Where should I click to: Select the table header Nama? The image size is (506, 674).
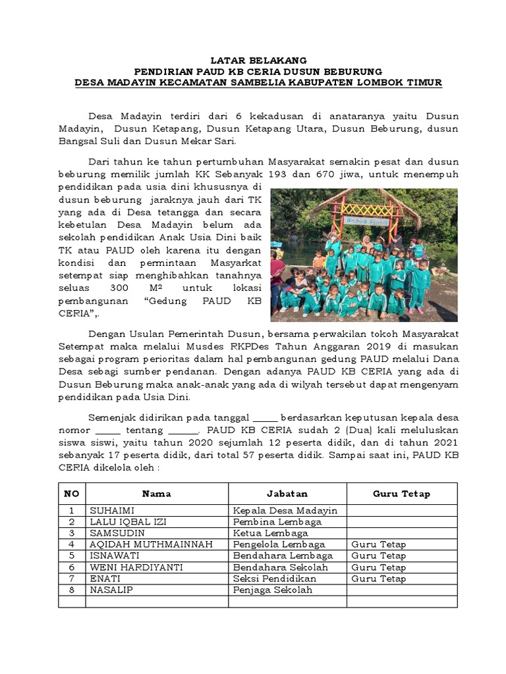pyautogui.click(x=156, y=494)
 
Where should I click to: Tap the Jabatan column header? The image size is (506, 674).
pyautogui.click(x=287, y=494)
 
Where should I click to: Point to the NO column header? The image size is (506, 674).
pyautogui.click(x=71, y=494)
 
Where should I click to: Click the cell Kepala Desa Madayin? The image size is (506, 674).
pyautogui.click(x=285, y=511)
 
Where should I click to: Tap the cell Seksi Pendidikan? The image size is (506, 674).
pyautogui.click(x=275, y=579)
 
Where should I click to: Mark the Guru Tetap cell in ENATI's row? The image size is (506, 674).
pyautogui.click(x=379, y=579)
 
